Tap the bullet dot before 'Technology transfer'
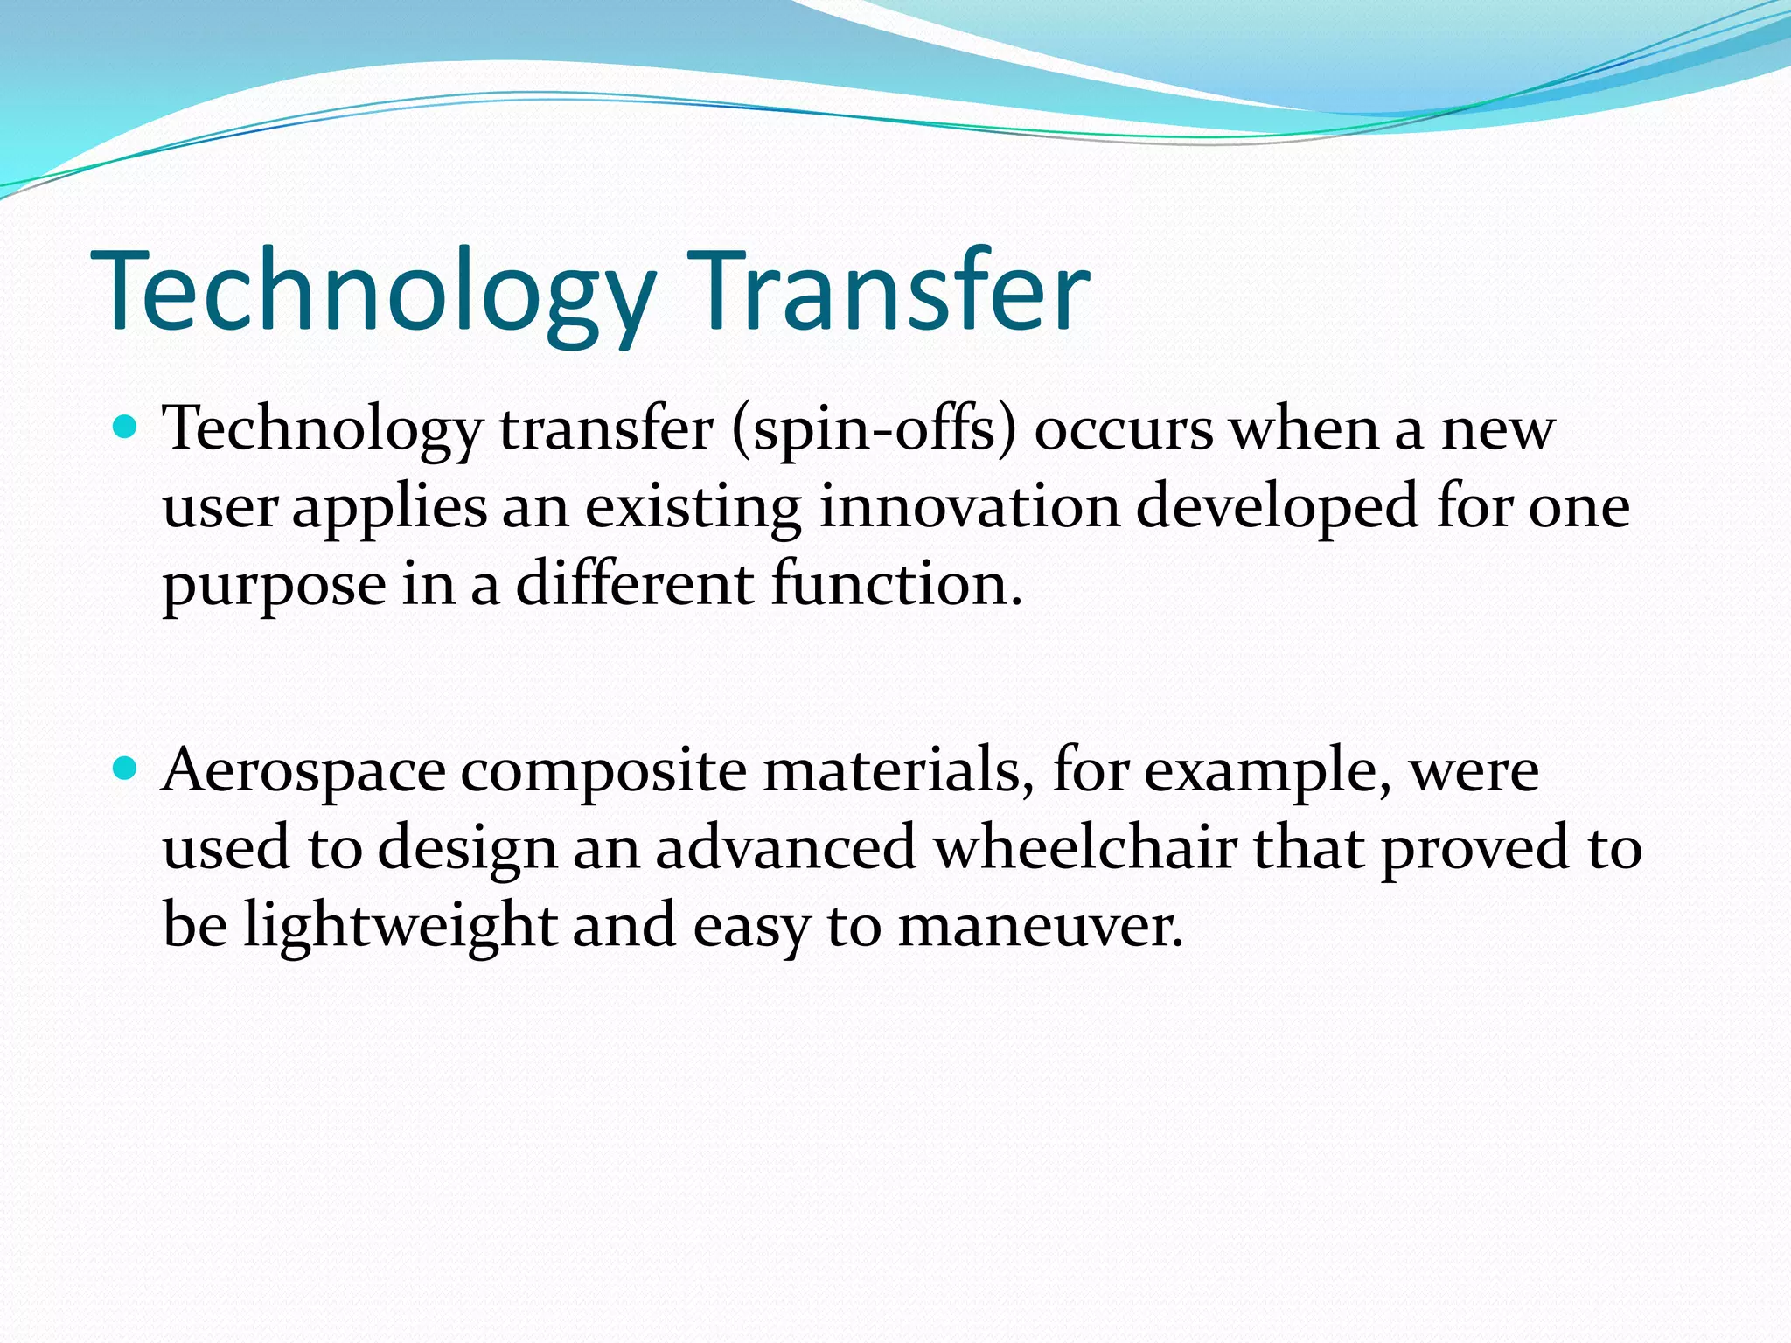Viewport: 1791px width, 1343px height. [127, 428]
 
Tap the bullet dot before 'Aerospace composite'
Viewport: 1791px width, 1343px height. [127, 769]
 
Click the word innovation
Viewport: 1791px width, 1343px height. [969, 507]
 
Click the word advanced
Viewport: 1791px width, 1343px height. [785, 848]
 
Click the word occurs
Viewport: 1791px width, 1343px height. [1124, 430]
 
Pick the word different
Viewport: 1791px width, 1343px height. [635, 584]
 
